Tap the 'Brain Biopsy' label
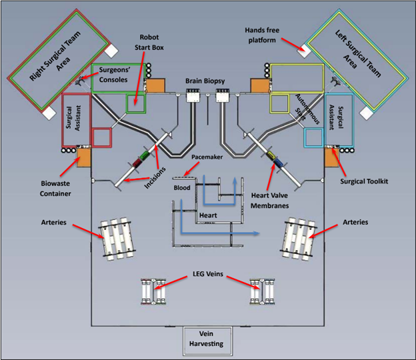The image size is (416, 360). click(x=205, y=81)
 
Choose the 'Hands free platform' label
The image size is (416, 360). click(x=260, y=31)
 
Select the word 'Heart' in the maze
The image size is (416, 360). click(x=207, y=216)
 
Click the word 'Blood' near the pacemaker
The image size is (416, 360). click(x=182, y=187)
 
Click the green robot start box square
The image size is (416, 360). click(x=137, y=103)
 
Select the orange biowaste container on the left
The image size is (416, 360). click(x=84, y=158)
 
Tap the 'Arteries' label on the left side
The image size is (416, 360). click(x=53, y=222)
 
